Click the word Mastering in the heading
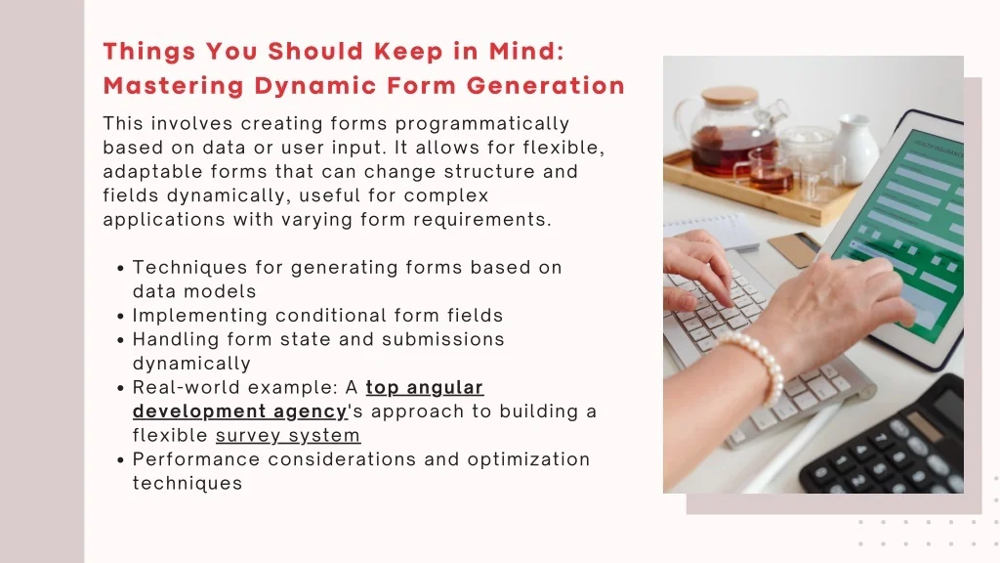[x=174, y=86]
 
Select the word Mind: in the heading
[x=526, y=51]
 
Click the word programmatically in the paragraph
[x=482, y=123]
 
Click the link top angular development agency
[x=308, y=399]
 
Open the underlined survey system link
[x=288, y=435]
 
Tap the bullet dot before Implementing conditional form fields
[x=120, y=317]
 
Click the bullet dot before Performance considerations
[x=120, y=460]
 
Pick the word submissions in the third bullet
[x=443, y=339]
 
